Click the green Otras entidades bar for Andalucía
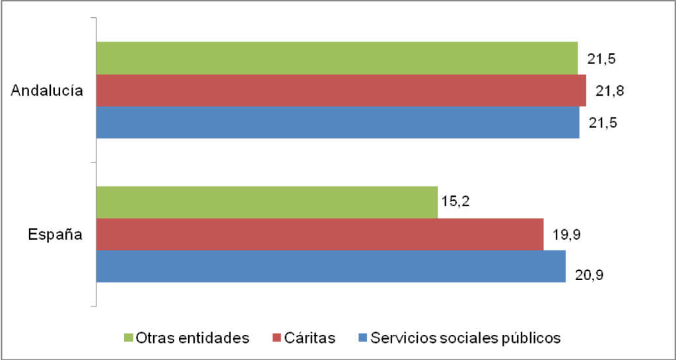(x=337, y=59)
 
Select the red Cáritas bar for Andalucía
(x=341, y=90)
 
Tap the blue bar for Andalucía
(x=337, y=122)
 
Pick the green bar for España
(x=267, y=202)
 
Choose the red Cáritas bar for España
(x=320, y=234)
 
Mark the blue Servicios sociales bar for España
(x=331, y=266)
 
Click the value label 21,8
(x=609, y=90)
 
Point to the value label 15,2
(x=456, y=201)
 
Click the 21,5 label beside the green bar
(x=601, y=59)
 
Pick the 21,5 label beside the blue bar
(x=601, y=124)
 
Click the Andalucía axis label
(x=47, y=91)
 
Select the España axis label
(x=55, y=234)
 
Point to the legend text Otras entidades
(x=192, y=338)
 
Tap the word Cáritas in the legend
(x=310, y=338)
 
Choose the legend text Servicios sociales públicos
(x=465, y=338)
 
